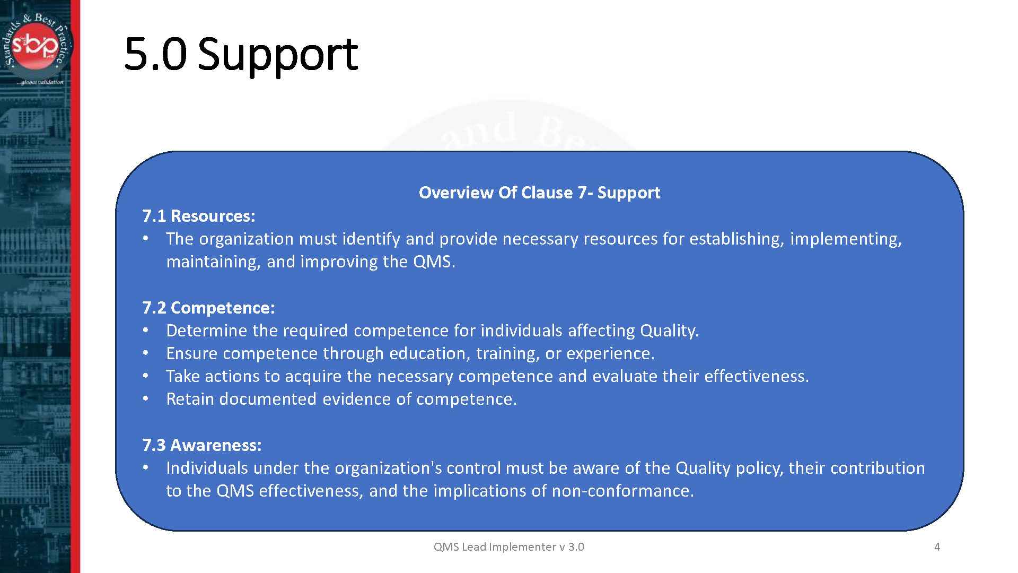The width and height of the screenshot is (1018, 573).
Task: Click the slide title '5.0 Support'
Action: point(241,54)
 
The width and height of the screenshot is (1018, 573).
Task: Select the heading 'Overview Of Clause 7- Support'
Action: point(539,193)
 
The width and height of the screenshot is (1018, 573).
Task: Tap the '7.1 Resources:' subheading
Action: point(199,216)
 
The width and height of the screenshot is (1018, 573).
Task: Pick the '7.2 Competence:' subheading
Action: point(208,308)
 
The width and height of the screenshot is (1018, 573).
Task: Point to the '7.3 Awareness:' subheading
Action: point(202,445)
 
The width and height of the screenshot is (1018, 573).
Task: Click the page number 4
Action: point(937,547)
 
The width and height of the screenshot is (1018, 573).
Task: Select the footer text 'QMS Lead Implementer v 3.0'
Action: point(508,547)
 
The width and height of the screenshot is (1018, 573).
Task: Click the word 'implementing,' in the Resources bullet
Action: point(846,239)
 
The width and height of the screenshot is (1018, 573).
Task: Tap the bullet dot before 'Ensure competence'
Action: point(146,353)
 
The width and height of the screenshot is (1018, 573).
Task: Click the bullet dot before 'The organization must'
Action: point(146,239)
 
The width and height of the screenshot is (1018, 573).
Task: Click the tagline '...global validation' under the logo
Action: point(40,82)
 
